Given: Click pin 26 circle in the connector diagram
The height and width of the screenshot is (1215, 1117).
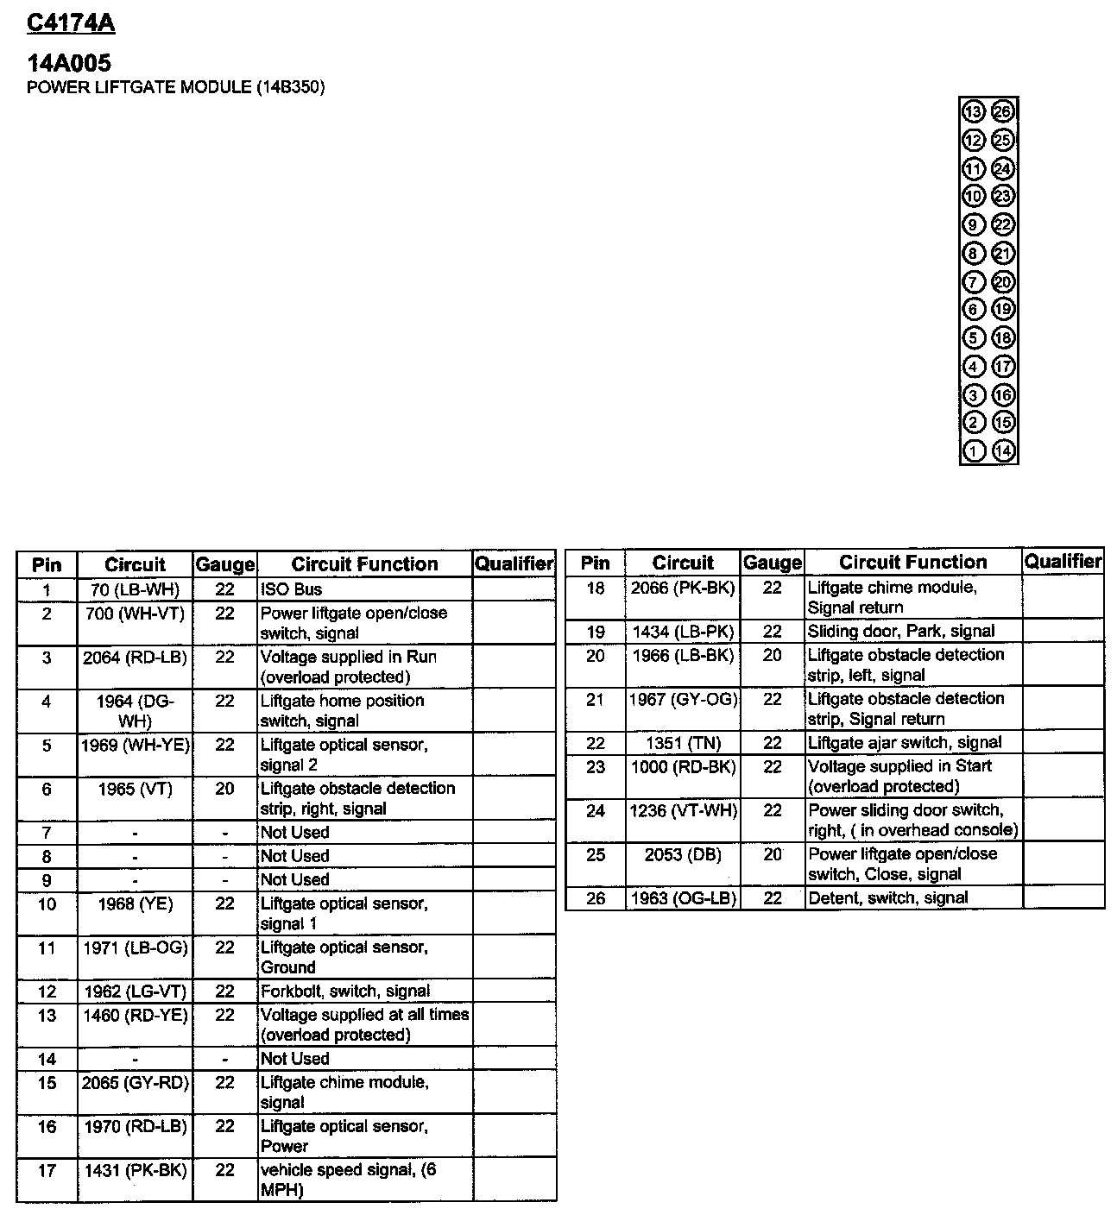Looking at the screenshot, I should pos(1002,111).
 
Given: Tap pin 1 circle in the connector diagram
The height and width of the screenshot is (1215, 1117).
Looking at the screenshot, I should pos(974,450).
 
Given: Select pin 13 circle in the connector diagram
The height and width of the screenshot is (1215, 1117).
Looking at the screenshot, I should pos(974,111).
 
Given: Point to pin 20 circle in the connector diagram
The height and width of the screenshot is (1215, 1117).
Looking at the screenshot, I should pos(1002,281).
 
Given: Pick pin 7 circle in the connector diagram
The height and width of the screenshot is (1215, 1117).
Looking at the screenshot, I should pos(974,281).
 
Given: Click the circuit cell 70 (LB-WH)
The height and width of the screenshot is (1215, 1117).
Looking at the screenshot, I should pos(135,590).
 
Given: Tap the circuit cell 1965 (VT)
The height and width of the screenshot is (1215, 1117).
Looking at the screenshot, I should pos(135,789).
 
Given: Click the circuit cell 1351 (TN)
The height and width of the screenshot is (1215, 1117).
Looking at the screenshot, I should pos(684,743).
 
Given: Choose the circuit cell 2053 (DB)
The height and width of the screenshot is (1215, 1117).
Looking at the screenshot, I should pos(684,854).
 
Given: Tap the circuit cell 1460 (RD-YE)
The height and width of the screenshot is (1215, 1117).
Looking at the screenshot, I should pos(135,1016).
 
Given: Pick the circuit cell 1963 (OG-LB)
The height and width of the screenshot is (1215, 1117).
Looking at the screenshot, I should pos(684,898).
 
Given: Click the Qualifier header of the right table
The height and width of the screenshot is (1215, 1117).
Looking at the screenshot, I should pos(1063,562).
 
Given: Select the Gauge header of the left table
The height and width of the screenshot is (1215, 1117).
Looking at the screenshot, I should pos(224,565).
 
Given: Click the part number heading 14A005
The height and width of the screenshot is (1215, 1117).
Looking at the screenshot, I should pos(70,63).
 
